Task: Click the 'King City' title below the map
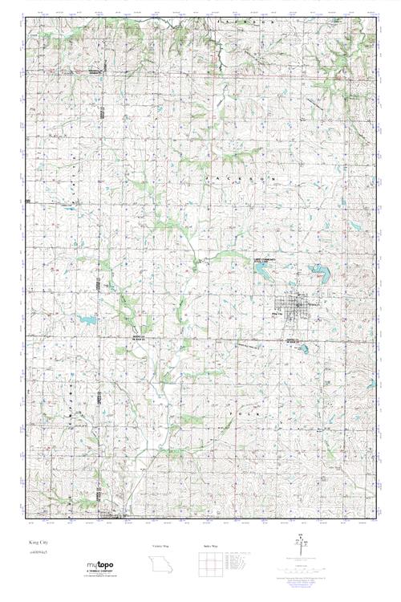pyautogui.click(x=37, y=543)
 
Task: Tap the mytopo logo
pyautogui.click(x=100, y=566)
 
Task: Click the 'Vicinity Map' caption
pyautogui.click(x=164, y=545)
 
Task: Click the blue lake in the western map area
pyautogui.click(x=88, y=319)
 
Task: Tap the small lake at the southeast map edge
pyautogui.click(x=371, y=384)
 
